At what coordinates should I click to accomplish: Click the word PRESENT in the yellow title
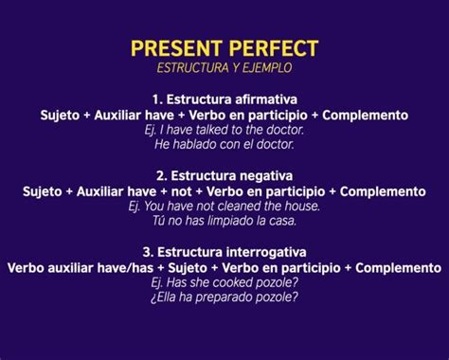tap(176, 48)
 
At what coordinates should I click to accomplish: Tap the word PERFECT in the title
tap(274, 48)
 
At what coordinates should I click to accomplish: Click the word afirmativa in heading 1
tap(266, 99)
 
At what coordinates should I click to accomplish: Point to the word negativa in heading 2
tap(266, 176)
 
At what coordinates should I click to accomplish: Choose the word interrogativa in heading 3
tap(266, 252)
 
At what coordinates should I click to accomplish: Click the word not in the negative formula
tap(181, 191)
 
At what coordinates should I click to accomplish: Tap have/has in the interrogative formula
tap(125, 268)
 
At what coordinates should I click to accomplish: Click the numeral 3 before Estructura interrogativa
tap(148, 252)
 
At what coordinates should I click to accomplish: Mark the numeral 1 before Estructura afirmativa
tap(156, 99)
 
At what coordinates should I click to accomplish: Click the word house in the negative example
tap(302, 207)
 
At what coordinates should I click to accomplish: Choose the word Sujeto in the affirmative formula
tap(60, 116)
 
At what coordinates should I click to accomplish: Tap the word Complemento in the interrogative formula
tap(398, 268)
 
